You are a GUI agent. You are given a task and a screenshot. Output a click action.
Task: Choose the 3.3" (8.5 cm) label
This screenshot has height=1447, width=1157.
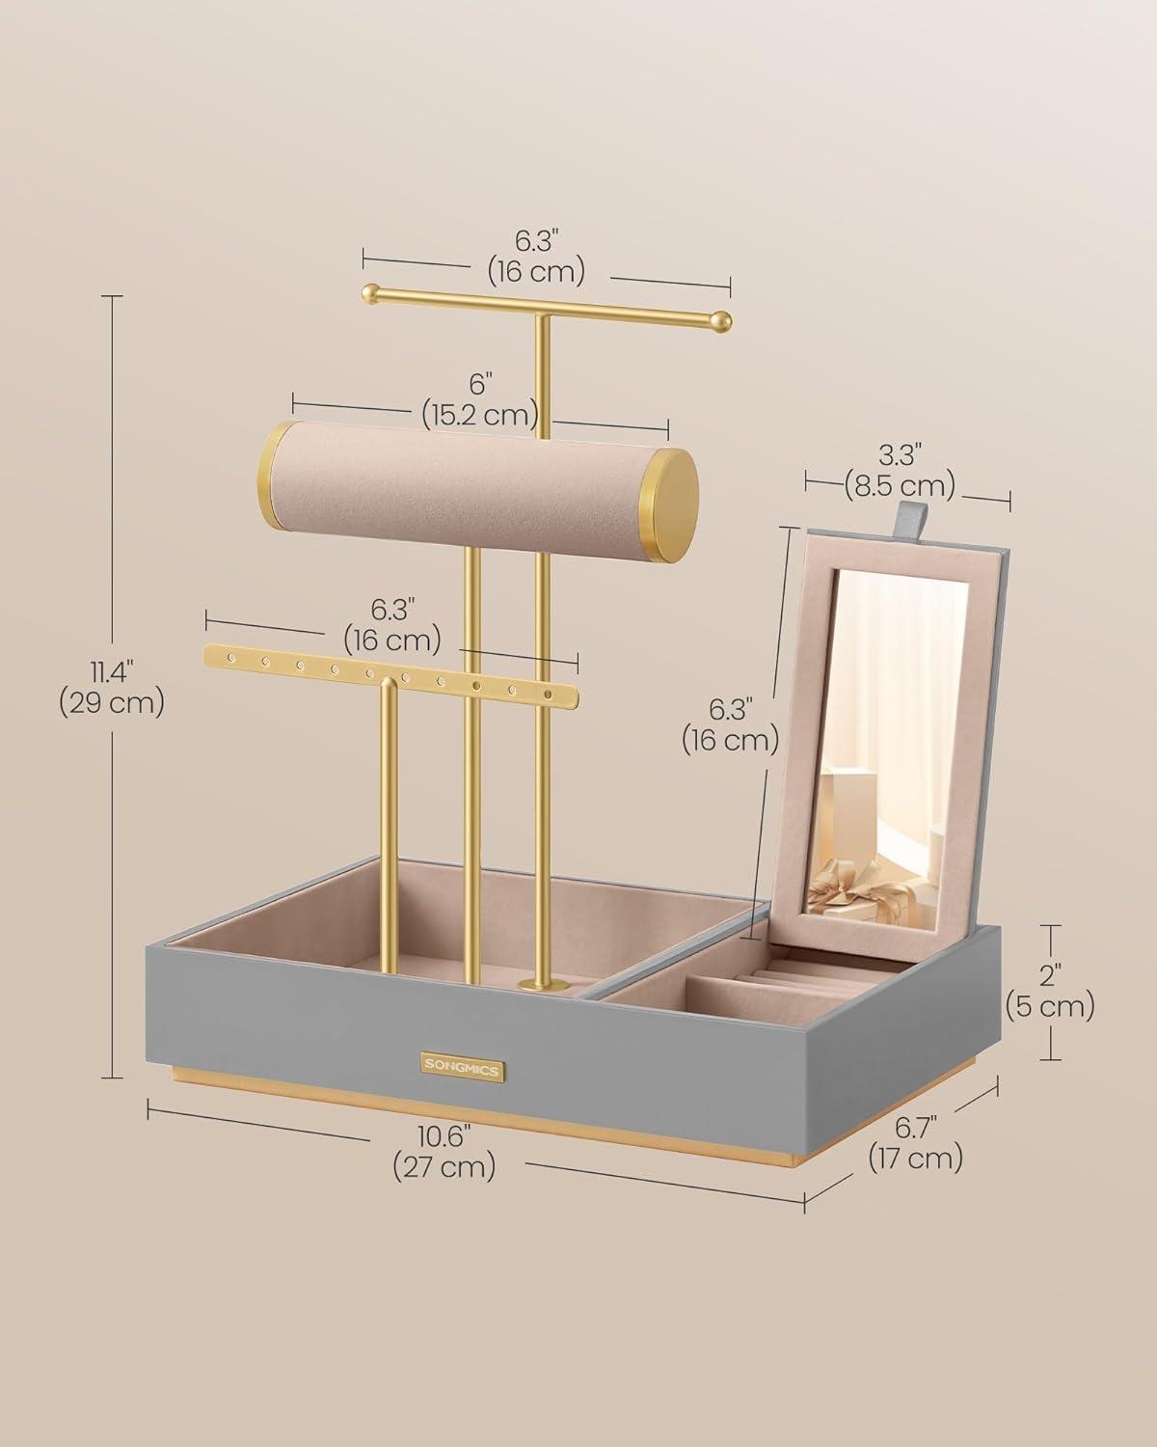pos(900,472)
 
